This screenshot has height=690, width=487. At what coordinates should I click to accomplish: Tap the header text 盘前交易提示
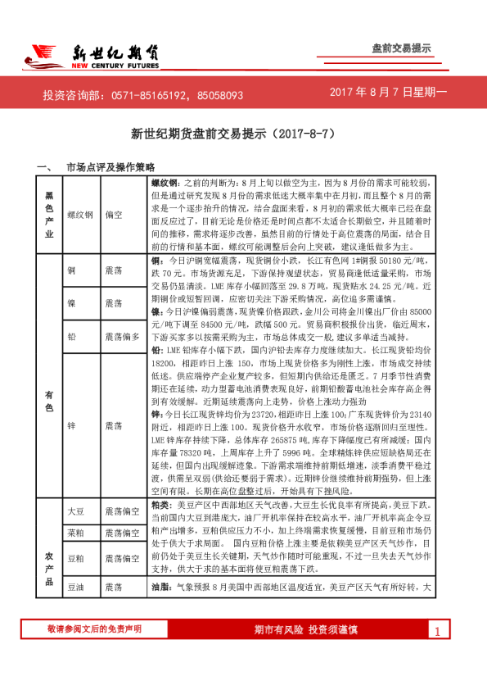tap(401, 49)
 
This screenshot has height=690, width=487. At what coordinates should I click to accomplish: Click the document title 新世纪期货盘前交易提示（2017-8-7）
tap(244, 132)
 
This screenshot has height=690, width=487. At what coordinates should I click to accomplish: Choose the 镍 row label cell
tap(72, 303)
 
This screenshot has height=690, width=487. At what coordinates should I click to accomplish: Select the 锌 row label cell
tap(72, 426)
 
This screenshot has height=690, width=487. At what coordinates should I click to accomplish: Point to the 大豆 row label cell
tap(75, 511)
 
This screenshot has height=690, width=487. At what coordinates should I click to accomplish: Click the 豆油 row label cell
tap(75, 588)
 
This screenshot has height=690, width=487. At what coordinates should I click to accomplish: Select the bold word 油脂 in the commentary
tap(161, 588)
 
